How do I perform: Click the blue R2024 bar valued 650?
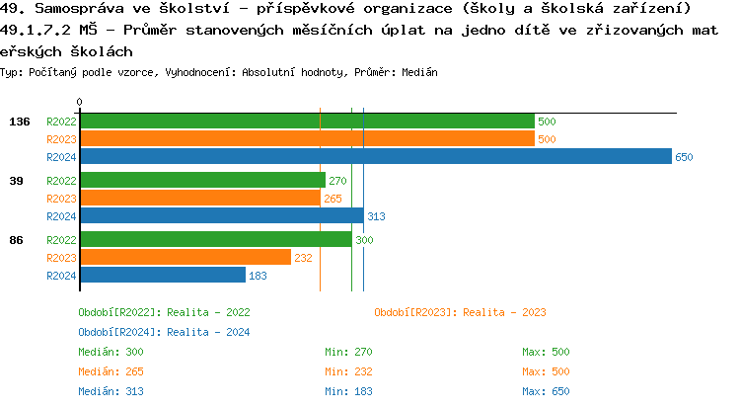(x=375, y=156)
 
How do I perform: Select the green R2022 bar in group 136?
(x=307, y=121)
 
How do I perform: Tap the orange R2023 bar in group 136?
(x=307, y=138)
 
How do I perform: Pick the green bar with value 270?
(x=202, y=180)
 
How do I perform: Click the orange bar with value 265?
(x=200, y=198)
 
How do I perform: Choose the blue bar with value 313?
(x=222, y=215)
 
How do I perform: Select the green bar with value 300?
(x=216, y=239)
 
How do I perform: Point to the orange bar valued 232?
(x=185, y=257)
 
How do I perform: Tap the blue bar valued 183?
(x=163, y=275)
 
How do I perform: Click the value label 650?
(x=684, y=157)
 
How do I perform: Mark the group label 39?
(x=17, y=181)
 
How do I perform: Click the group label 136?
(x=19, y=122)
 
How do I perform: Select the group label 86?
(x=17, y=240)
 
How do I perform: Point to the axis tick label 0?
(x=80, y=102)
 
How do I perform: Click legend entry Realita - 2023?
(x=460, y=312)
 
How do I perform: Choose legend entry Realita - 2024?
(x=164, y=332)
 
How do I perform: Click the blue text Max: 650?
(x=546, y=391)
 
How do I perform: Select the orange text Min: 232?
(x=348, y=371)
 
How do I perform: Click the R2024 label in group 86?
(x=61, y=276)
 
